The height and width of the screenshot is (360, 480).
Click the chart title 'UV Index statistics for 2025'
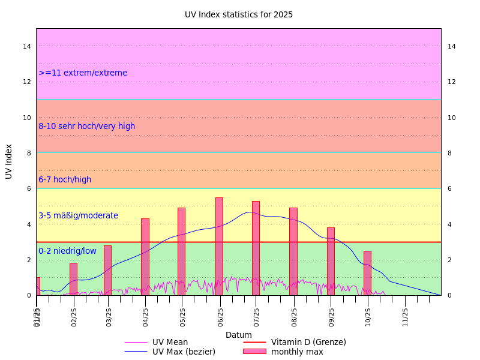(x=239, y=14)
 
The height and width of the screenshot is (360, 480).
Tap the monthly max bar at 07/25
(x=256, y=248)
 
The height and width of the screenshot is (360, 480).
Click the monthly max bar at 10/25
(x=367, y=273)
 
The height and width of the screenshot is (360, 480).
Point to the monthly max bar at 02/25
(x=73, y=279)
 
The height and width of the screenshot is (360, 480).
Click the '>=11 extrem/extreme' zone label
(x=83, y=73)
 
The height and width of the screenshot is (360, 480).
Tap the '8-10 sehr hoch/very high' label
(x=87, y=127)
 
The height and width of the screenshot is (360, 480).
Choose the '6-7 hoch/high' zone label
(x=65, y=180)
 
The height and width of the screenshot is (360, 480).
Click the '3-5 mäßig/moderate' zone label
(x=78, y=216)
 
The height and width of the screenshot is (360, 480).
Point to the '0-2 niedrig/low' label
(x=67, y=251)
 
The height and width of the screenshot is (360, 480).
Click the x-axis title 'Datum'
(x=239, y=335)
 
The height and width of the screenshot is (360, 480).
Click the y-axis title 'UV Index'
(x=9, y=161)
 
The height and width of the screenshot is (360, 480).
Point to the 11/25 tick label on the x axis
(x=406, y=316)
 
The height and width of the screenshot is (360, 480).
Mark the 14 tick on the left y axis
(x=27, y=46)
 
